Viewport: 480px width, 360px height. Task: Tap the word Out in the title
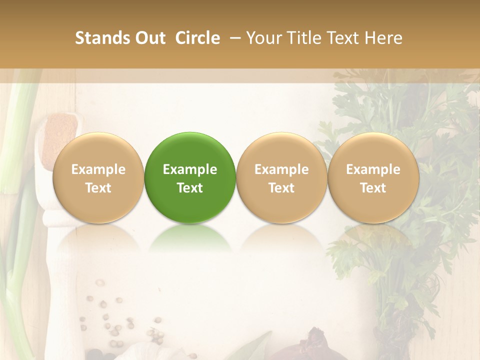pyautogui.click(x=149, y=38)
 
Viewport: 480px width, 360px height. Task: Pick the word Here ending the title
pyautogui.click(x=384, y=38)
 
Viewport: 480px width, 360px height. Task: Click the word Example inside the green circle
pyautogui.click(x=190, y=169)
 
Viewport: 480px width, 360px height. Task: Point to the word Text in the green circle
pyautogui.click(x=190, y=188)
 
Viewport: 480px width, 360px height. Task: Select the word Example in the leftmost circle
pyautogui.click(x=98, y=169)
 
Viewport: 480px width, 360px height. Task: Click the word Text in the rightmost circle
pyautogui.click(x=373, y=188)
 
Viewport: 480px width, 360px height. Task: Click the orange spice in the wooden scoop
pyautogui.click(x=59, y=135)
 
